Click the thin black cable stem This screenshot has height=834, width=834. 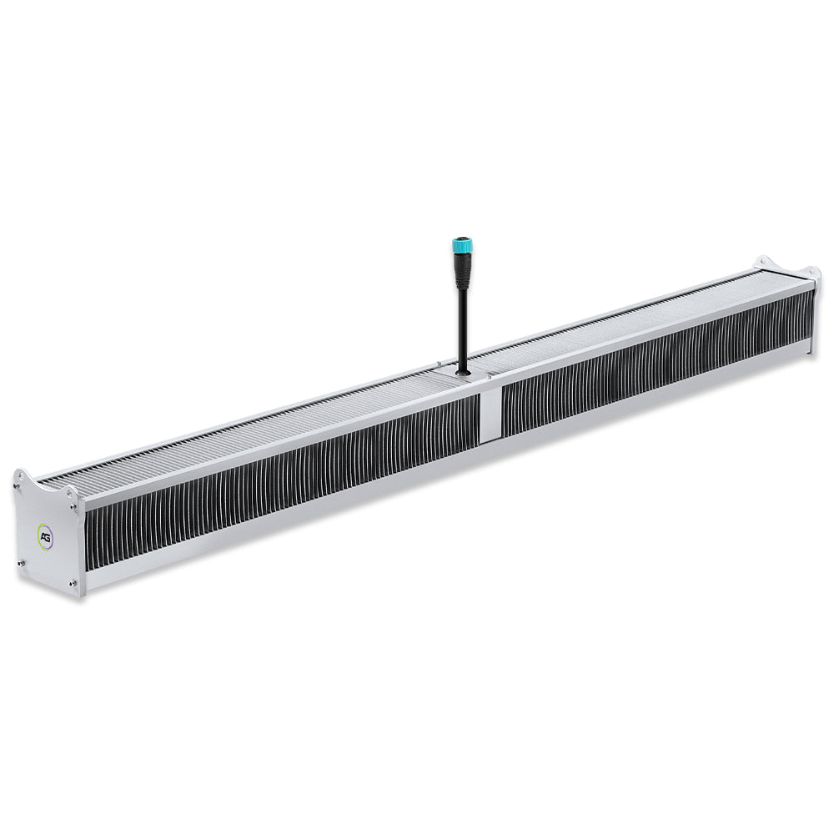coord(462,329)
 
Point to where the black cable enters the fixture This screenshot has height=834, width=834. coord(462,372)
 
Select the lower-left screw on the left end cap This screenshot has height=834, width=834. coord(21,562)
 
